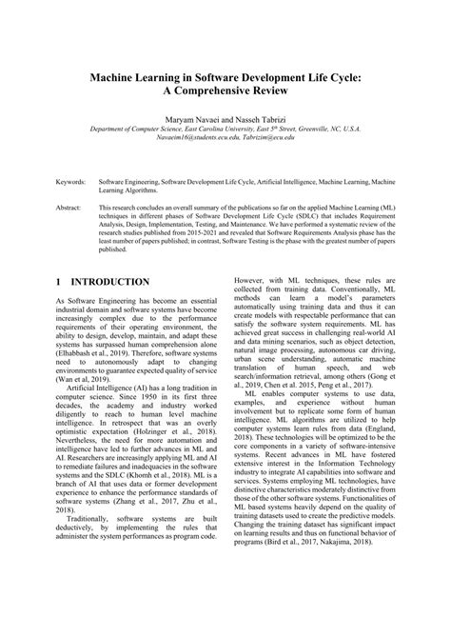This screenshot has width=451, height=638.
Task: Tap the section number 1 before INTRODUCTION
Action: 59,283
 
